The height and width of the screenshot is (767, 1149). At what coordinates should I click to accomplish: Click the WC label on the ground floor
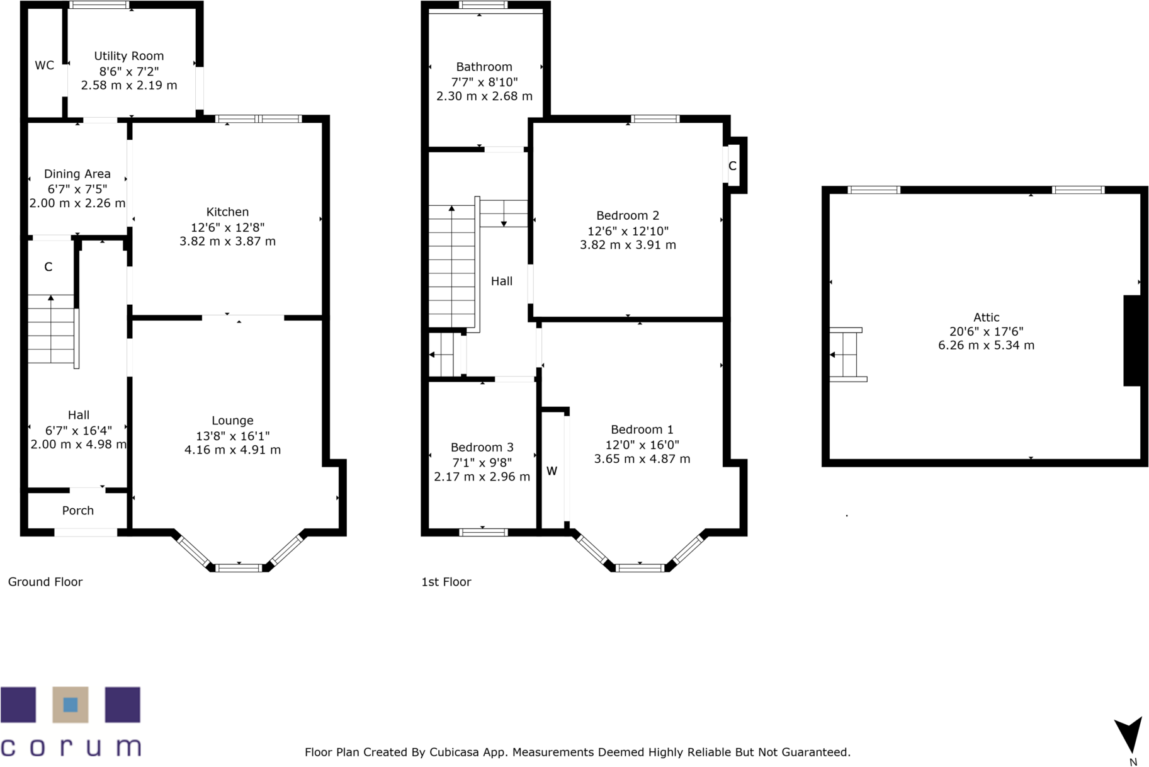(44, 65)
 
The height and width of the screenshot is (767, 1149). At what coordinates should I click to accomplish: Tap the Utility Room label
(129, 56)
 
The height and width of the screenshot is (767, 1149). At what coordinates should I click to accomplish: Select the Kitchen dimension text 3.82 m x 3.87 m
(227, 241)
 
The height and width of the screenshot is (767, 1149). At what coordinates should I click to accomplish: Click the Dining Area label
(77, 174)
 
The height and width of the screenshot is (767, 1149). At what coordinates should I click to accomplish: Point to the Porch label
(78, 511)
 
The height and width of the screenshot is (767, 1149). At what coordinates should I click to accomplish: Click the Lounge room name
(232, 421)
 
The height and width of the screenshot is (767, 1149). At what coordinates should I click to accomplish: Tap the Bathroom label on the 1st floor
(484, 67)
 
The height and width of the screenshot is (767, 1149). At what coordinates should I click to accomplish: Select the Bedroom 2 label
(628, 215)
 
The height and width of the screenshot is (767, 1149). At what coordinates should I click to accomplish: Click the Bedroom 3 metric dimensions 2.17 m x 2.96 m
(482, 477)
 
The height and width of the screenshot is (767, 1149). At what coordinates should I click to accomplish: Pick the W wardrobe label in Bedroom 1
(552, 471)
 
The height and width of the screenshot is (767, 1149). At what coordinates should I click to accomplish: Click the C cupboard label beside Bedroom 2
(732, 166)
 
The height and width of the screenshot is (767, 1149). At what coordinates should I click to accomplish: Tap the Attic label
(986, 317)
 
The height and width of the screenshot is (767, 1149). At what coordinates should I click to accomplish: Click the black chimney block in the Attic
(1132, 340)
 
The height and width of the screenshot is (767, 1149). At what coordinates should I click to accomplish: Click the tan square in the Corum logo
(71, 704)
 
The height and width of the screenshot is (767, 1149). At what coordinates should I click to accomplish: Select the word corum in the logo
(71, 747)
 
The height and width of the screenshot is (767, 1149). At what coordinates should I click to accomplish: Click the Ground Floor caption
(45, 582)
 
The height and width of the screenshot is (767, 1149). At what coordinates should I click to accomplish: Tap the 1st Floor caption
(446, 582)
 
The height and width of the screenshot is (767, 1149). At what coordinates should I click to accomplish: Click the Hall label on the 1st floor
(502, 281)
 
